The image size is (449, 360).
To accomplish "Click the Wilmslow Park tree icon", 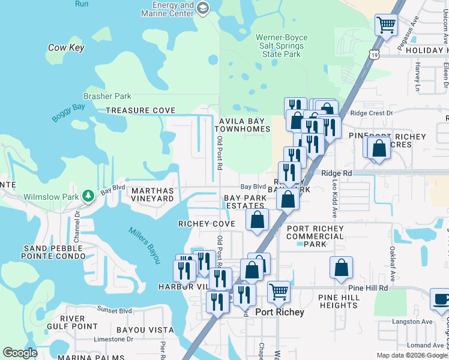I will click(88, 196).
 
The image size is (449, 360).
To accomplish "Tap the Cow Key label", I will click(66, 47).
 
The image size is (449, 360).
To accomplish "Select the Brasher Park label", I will click(107, 96).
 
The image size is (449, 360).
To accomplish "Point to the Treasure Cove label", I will click(140, 110).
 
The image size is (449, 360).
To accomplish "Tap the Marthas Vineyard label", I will click(148, 194).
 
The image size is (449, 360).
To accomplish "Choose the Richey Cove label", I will click(206, 223).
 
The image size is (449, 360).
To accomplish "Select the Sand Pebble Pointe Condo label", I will click(56, 253).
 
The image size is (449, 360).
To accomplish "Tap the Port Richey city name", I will click(279, 312).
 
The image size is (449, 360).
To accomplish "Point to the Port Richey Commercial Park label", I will click(315, 236).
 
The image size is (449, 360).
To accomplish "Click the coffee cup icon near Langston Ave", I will click(441, 298).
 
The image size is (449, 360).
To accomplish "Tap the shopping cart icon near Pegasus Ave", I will click(386, 25).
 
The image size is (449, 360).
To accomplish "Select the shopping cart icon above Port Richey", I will click(279, 292).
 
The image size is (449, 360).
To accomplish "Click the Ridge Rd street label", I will click(336, 173).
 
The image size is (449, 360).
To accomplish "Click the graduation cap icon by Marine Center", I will click(203, 8).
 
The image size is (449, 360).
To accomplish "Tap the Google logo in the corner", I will click(20, 353).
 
